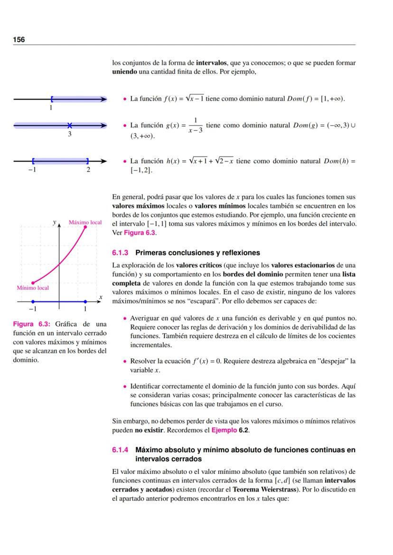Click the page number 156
coord(19,40)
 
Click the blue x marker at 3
coord(70,125)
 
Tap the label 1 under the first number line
coord(51,108)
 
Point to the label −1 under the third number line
coord(32,170)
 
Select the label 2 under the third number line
coord(88,170)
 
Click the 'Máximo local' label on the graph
coord(85,222)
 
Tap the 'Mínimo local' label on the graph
coord(33,288)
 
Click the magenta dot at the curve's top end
coord(85,227)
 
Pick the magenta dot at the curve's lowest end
coord(32,282)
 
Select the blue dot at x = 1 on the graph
coord(85,301)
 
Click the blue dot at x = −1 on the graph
coord(32,301)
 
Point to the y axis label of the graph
coord(55,222)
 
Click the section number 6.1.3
coord(121,253)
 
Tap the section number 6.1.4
coord(121,449)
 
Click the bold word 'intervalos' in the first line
coord(212,63)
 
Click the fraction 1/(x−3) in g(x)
coord(195,125)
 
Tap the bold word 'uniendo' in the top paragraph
coord(125,72)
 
